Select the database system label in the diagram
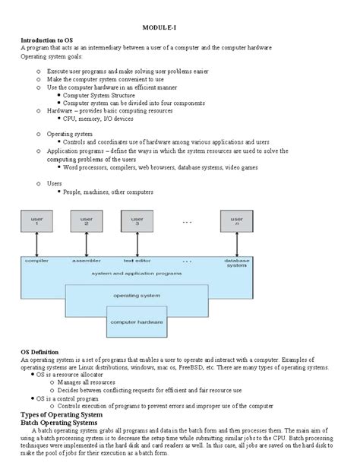point(237,262)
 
